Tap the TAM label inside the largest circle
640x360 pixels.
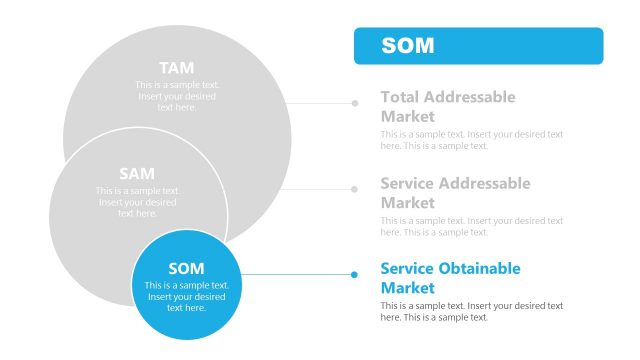pos(177,68)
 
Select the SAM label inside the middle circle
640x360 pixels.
pos(137,174)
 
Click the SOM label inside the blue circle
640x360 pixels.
pos(186,268)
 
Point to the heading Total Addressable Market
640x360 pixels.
pos(448,106)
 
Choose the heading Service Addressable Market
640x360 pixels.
pos(455,193)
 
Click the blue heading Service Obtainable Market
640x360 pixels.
pos(450,278)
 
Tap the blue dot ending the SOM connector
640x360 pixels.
pos(354,274)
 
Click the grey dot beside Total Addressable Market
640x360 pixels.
pos(354,102)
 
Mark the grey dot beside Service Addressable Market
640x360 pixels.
pos(354,188)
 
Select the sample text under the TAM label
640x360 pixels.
pos(177,96)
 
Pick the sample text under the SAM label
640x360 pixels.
pos(137,202)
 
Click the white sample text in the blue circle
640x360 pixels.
pos(186,296)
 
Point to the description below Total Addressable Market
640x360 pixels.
pos(472,140)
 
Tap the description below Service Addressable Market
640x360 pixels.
pos(472,226)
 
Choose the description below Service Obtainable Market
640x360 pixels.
pos(472,311)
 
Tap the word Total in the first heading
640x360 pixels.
pos(400,97)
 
